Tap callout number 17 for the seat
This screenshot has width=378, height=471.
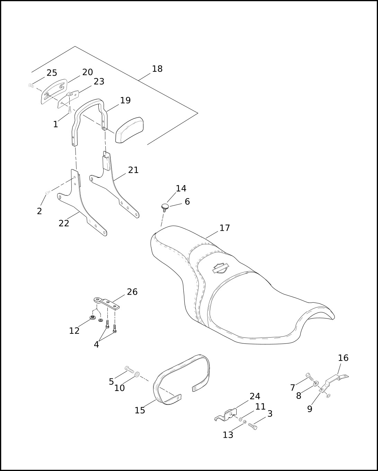[x=225, y=228]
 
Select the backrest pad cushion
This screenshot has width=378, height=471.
[x=129, y=130]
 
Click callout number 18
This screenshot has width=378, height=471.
[x=157, y=69]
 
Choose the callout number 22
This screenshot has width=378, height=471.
[x=64, y=224]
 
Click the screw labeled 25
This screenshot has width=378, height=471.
[x=31, y=85]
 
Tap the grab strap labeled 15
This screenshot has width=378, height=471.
[x=182, y=378]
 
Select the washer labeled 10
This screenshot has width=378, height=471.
[x=137, y=374]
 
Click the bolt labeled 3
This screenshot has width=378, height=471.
[x=253, y=426]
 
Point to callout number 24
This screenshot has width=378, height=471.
[x=255, y=396]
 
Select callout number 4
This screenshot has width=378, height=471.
[x=96, y=344]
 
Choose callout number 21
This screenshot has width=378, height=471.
[x=133, y=170]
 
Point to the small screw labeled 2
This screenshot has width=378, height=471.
[x=48, y=192]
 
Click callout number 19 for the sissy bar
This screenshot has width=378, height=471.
[x=125, y=101]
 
